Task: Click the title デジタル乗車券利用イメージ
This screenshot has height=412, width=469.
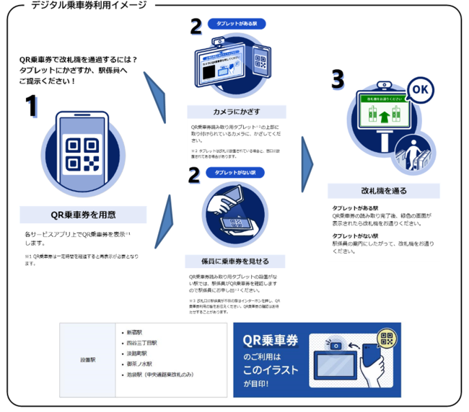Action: click(89, 5)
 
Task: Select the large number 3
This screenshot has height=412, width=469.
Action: click(337, 79)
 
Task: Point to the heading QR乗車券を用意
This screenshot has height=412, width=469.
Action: click(83, 214)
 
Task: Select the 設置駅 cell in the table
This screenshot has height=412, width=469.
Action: click(88, 358)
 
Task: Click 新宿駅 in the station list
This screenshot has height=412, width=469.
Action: click(134, 333)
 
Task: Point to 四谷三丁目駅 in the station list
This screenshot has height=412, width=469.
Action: click(141, 344)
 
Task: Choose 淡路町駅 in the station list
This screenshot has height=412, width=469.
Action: click(136, 354)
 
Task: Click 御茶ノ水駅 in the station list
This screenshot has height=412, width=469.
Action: click(139, 364)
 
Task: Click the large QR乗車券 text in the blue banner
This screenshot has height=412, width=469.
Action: click(271, 339)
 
